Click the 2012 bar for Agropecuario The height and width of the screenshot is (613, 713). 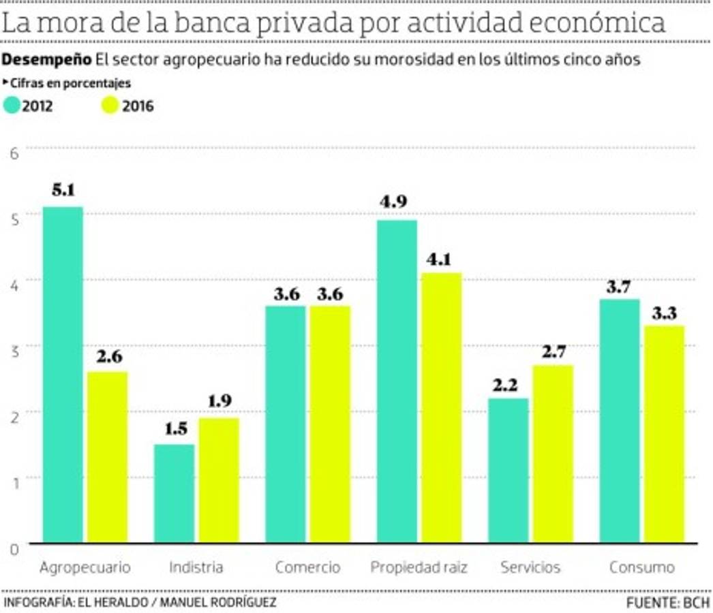pos(63,375)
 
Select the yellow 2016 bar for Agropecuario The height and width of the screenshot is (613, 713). pos(107,457)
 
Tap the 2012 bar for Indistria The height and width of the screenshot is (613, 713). pos(174,493)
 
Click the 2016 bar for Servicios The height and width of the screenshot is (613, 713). pos(552,454)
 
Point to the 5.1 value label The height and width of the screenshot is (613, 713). pos(63,191)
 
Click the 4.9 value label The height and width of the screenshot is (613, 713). pos(397,204)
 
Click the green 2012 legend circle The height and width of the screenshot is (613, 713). pos(12,106)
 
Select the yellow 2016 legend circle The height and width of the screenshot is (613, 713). pos(110,106)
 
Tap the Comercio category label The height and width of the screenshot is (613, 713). pos(307,567)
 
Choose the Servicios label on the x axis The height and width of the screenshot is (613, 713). pos(530,567)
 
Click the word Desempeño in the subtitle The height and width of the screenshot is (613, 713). pos(46,59)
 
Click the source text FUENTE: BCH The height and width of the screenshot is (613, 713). pos(668,603)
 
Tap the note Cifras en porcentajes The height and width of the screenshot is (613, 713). pos(70,83)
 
